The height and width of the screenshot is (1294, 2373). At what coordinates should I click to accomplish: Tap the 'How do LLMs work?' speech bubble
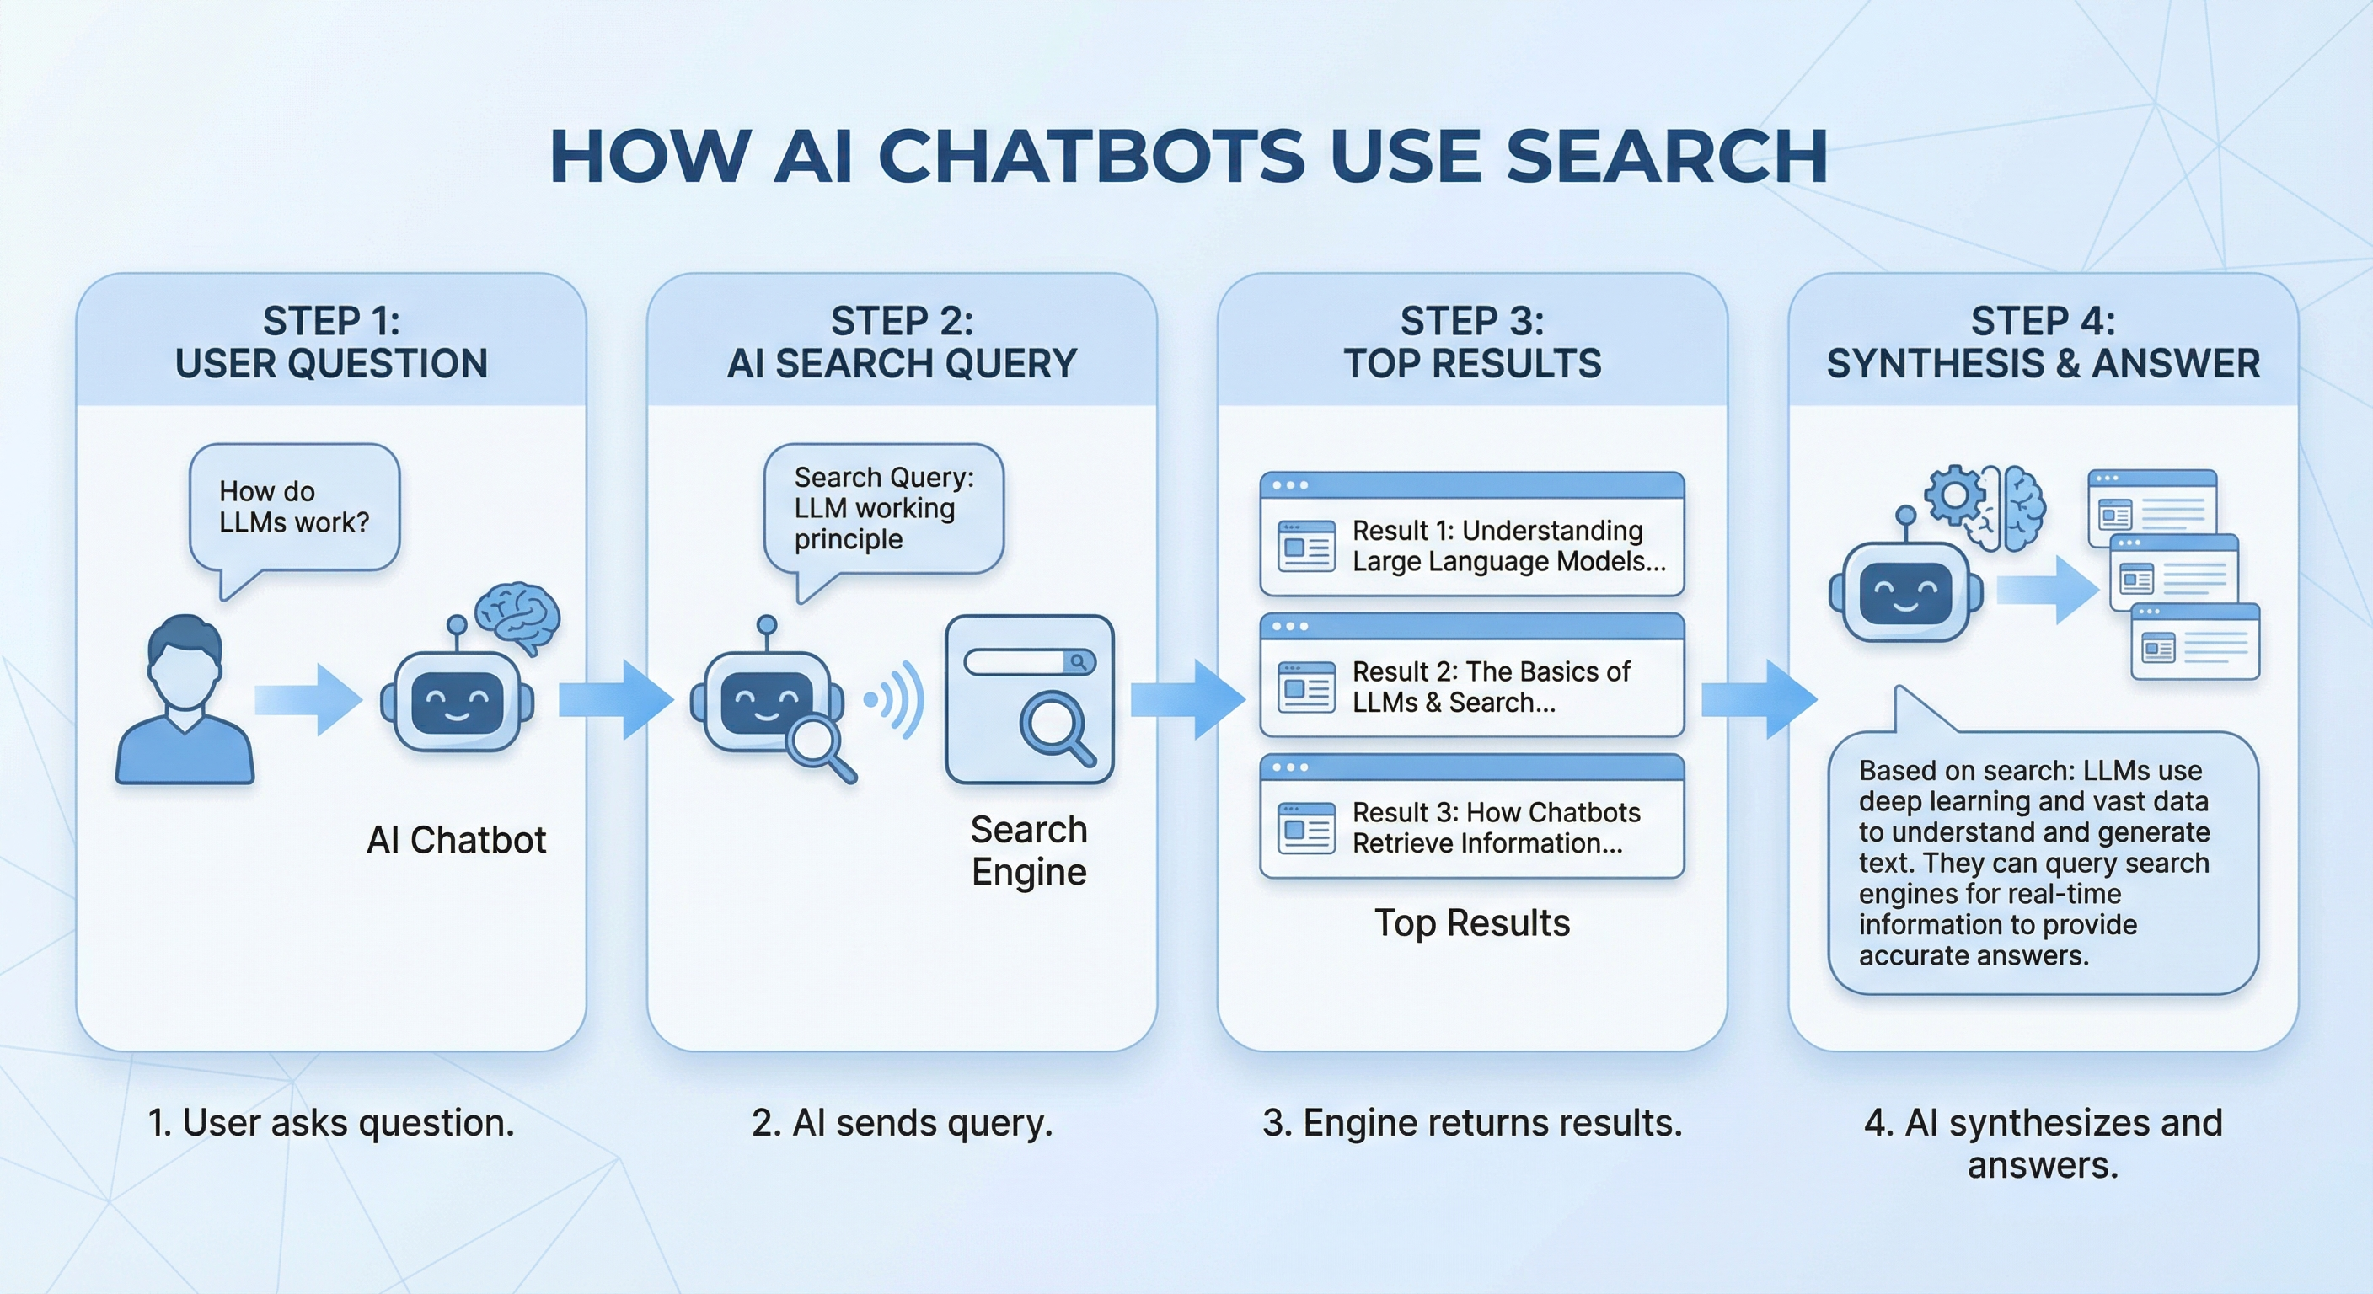pyautogui.click(x=294, y=507)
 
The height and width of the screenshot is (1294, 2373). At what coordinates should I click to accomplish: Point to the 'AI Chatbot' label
pyautogui.click(x=456, y=840)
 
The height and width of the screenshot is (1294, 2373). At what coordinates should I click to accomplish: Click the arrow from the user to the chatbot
pyautogui.click(x=308, y=700)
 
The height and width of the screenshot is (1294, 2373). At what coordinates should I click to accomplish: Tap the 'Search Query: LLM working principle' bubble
pyautogui.click(x=882, y=508)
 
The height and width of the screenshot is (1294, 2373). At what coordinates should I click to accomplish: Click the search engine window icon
pyautogui.click(x=1029, y=699)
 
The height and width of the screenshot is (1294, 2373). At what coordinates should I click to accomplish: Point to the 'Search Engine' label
pyautogui.click(x=1029, y=850)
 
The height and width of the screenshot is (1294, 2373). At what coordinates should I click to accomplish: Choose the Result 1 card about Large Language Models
pyautogui.click(x=1471, y=535)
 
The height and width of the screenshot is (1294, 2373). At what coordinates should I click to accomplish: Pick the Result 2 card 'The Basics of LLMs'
pyautogui.click(x=1471, y=676)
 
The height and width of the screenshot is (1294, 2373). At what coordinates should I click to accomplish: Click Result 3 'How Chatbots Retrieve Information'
pyautogui.click(x=1471, y=817)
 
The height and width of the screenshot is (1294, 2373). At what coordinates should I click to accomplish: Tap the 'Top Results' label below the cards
pyautogui.click(x=1471, y=922)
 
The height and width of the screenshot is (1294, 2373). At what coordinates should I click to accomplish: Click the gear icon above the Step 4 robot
pyautogui.click(x=1953, y=496)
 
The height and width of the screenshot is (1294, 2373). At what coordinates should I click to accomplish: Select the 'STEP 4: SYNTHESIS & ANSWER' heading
pyautogui.click(x=2043, y=343)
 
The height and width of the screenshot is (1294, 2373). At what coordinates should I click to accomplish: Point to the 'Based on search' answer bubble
pyautogui.click(x=2043, y=862)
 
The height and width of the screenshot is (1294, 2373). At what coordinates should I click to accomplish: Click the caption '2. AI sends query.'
pyautogui.click(x=902, y=1123)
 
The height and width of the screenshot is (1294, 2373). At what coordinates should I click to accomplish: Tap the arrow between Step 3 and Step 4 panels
pyautogui.click(x=1758, y=700)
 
